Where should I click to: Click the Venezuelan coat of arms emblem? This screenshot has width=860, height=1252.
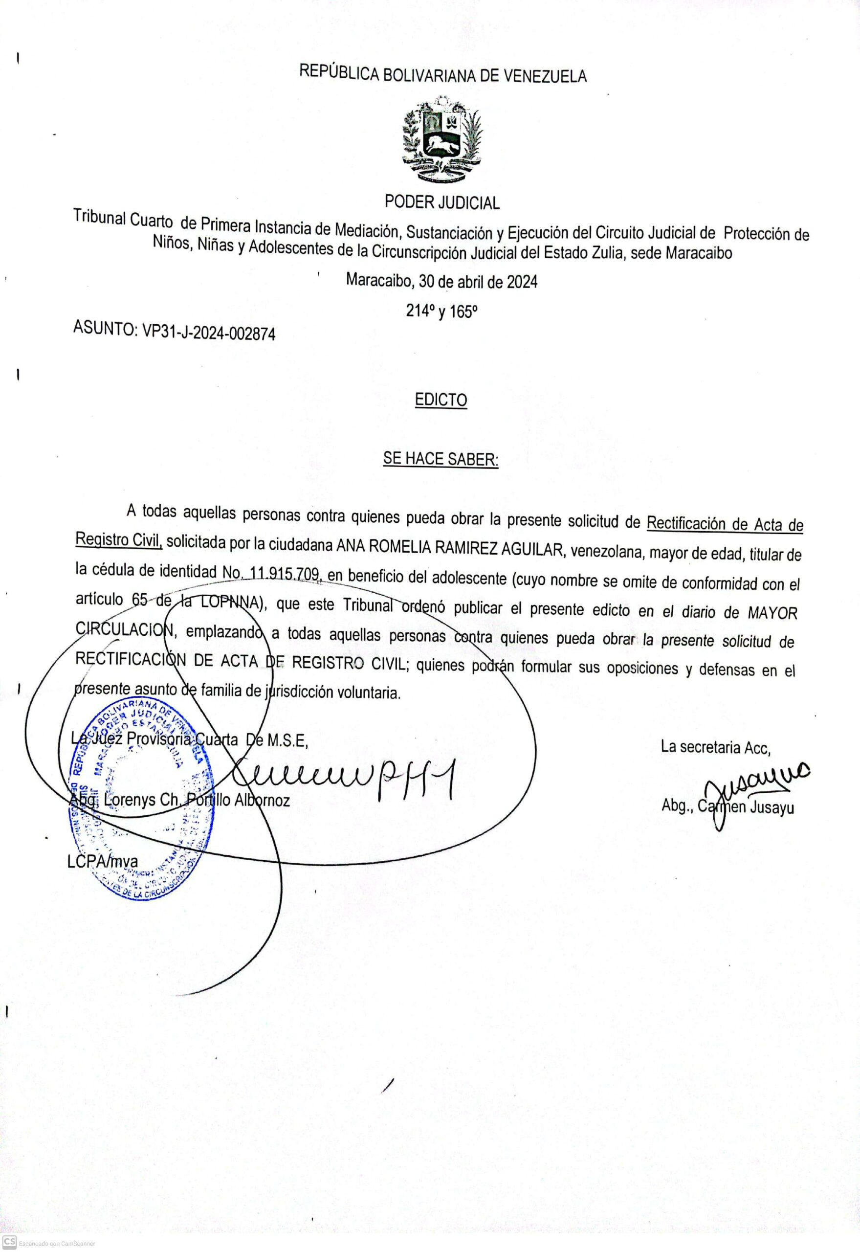[x=442, y=141]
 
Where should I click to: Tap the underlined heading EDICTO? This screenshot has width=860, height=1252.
[x=441, y=401]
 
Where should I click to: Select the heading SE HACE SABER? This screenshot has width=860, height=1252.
[x=441, y=459]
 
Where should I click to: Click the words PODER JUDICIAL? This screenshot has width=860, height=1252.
[x=442, y=202]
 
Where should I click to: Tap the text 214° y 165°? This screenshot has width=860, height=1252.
[x=442, y=312]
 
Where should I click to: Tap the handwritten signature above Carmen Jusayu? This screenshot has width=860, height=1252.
[x=754, y=787]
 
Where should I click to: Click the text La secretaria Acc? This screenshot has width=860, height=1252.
[x=716, y=746]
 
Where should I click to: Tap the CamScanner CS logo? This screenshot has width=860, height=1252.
[x=9, y=1242]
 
